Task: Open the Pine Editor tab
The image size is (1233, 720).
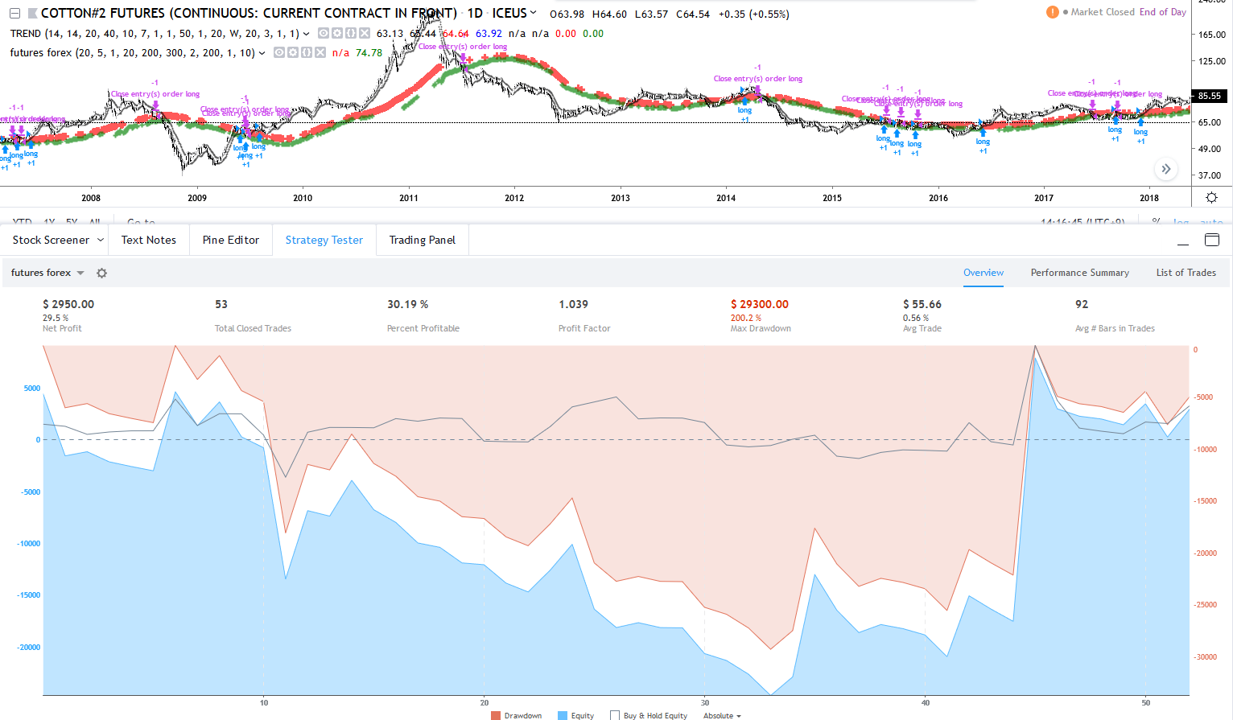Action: coord(230,240)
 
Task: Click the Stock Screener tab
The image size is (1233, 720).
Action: coord(51,240)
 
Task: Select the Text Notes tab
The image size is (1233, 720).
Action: coord(148,240)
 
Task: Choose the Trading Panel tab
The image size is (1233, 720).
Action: coord(422,240)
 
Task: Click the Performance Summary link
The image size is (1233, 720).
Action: coord(1079,273)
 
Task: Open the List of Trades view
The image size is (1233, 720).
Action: coord(1186,273)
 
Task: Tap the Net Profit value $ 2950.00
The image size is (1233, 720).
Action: coord(68,304)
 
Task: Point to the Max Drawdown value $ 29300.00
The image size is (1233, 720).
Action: coord(759,304)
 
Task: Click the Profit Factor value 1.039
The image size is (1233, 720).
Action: coord(573,304)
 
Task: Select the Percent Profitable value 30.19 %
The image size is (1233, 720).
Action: coord(407,304)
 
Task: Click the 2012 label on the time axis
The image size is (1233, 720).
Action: coord(514,198)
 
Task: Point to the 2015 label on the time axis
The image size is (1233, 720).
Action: coord(832,198)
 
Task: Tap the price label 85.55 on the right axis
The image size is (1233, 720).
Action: coord(1210,96)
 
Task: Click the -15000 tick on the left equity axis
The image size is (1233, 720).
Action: coord(29,595)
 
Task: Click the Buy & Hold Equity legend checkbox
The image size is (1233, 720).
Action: coord(615,715)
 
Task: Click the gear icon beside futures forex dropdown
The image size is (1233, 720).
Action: coord(101,273)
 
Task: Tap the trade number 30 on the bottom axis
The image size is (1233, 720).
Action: coord(705,702)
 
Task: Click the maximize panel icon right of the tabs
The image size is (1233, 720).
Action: coord(1212,240)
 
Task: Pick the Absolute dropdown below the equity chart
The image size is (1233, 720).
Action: coord(722,715)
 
